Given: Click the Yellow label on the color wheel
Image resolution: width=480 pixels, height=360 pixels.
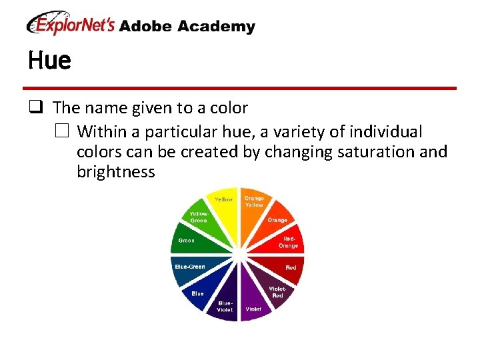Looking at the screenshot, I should click(x=223, y=199).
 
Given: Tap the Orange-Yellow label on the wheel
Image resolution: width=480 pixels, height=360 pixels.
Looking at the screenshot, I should click(x=254, y=201).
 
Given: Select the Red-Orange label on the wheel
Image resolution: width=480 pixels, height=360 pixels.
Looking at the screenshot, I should click(x=289, y=241).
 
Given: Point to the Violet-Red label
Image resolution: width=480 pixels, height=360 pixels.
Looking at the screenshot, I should click(x=277, y=292).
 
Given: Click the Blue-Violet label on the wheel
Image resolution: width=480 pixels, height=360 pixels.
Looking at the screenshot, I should click(x=224, y=306).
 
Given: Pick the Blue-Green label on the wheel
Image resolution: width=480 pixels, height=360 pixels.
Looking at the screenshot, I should click(x=189, y=267).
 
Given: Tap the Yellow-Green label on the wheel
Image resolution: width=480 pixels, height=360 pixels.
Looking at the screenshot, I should click(x=199, y=217).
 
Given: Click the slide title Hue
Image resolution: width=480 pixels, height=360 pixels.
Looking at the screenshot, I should click(x=49, y=61).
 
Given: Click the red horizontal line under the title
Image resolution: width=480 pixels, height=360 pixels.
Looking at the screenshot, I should click(x=239, y=88).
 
